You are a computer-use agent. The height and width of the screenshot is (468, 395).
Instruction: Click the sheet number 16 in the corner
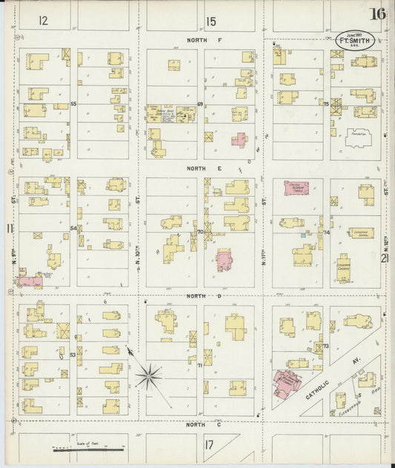pos(379,14)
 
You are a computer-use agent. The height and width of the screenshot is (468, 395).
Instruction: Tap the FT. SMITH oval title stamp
pos(355,41)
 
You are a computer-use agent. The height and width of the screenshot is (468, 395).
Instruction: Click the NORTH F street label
pos(205,39)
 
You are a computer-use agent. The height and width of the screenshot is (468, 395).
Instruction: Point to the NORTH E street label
pos(205,169)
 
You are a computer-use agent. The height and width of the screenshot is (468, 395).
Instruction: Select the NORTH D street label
pos(196,295)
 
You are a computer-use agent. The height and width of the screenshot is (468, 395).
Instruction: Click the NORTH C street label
pos(196,425)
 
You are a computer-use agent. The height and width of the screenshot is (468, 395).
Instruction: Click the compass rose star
pos(148,377)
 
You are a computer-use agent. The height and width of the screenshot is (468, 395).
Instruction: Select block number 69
pos(200,104)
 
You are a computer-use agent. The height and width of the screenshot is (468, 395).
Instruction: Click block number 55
pos(73,104)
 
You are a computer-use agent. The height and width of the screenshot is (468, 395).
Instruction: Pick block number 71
pos(200,365)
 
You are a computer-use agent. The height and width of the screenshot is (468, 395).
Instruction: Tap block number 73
pos(325,346)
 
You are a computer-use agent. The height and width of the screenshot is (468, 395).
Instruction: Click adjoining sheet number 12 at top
pos(43,21)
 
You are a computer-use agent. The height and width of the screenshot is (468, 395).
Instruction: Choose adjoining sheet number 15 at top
pos(211,21)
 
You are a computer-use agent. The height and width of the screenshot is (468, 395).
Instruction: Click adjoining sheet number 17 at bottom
pos(209,444)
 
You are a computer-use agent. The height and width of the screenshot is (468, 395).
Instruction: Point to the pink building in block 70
pos(224,260)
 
